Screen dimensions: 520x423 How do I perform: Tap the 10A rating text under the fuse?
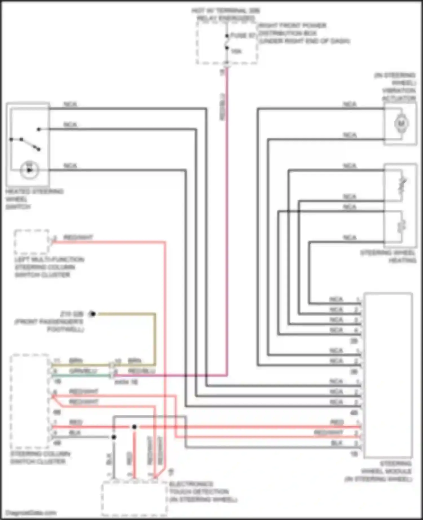pyautogui.click(x=236, y=51)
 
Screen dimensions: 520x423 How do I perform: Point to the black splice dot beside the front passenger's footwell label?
pyautogui.click(x=93, y=314)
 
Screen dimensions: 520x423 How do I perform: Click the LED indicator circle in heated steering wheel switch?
pyautogui.click(x=29, y=170)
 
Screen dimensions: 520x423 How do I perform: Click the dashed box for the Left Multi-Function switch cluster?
pyautogui.click(x=32, y=242)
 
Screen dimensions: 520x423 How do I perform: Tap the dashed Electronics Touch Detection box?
pyautogui.click(x=134, y=499)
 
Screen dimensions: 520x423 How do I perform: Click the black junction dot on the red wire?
pyautogui.click(x=134, y=427)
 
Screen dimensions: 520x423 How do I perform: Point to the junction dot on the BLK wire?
pyautogui.click(x=114, y=437)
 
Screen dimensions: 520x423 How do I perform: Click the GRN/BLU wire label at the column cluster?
pyautogui.click(x=83, y=371)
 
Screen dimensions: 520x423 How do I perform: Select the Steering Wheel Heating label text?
pyautogui.click(x=388, y=256)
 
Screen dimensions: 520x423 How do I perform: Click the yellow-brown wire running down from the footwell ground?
pyautogui.click(x=155, y=338)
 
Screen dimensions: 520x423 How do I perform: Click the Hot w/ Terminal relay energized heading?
pyautogui.click(x=226, y=14)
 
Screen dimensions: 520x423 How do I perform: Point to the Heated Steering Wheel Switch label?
pyautogui.click(x=34, y=199)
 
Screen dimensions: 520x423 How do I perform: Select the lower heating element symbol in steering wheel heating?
pyautogui.click(x=402, y=226)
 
